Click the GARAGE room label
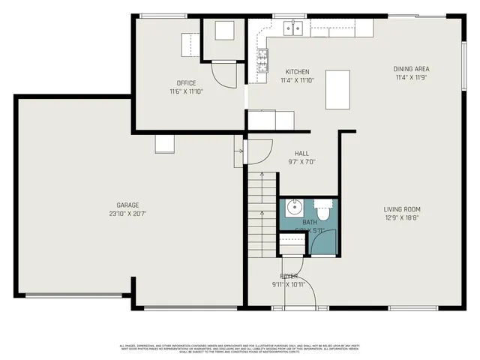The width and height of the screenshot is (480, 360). click(x=127, y=205)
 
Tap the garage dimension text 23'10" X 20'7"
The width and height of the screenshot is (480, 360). click(x=127, y=214)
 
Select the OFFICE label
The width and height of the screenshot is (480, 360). click(x=186, y=83)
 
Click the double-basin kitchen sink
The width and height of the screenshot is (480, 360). click(x=292, y=28)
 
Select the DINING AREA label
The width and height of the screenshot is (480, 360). click(x=412, y=69)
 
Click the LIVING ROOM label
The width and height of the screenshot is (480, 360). click(x=402, y=209)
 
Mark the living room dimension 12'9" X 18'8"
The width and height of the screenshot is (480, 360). click(x=402, y=218)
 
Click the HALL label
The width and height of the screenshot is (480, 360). click(x=301, y=152)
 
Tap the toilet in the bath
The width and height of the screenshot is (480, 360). click(x=323, y=205)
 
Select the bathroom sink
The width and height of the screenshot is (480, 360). click(x=294, y=207)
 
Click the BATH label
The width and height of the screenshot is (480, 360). click(x=310, y=223)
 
